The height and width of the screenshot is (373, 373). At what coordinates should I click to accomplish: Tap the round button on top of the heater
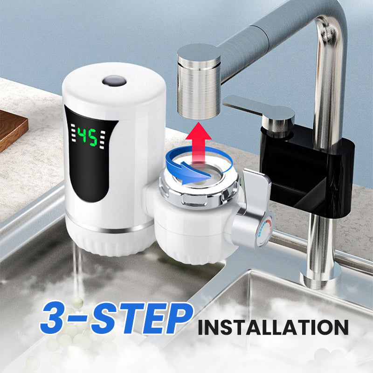pyautogui.click(x=114, y=82)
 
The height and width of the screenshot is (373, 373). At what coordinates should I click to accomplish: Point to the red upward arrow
pyautogui.click(x=198, y=140)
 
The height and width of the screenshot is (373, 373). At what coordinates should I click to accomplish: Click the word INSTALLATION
pyautogui.click(x=272, y=327)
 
